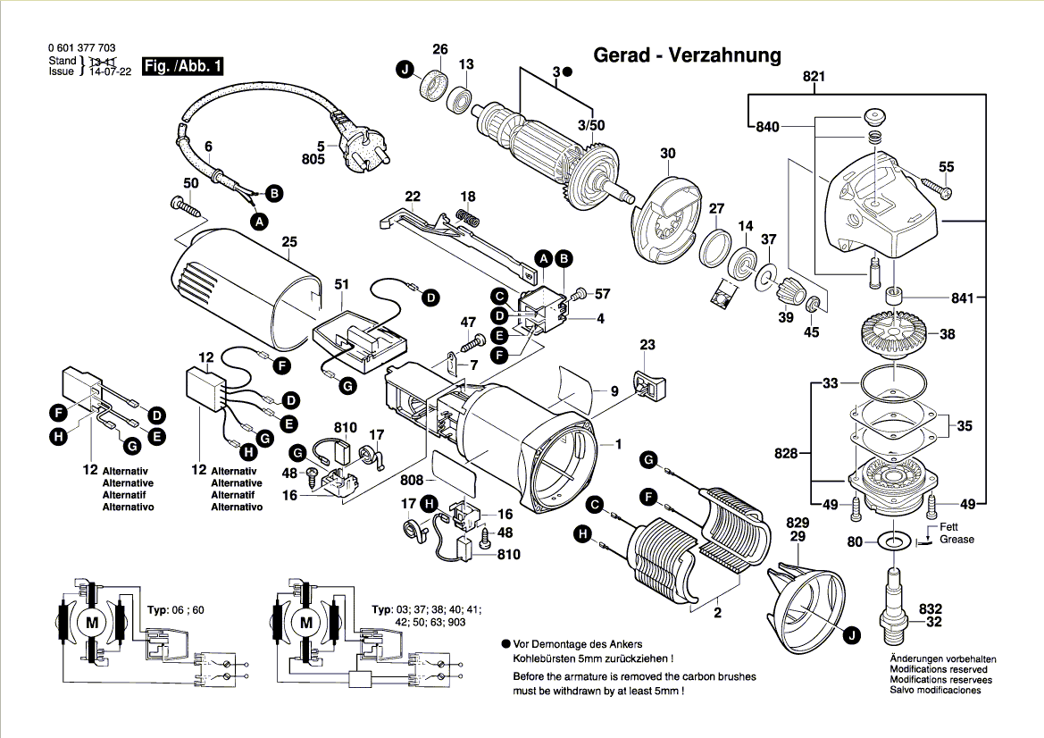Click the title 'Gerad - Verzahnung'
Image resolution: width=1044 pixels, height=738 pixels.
tap(687, 55)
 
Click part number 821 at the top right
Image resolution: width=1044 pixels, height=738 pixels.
tap(813, 77)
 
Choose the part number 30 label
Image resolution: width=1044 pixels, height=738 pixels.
tap(668, 154)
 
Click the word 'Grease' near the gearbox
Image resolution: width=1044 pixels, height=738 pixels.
tap(956, 540)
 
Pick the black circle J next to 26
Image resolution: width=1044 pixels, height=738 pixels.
tap(406, 69)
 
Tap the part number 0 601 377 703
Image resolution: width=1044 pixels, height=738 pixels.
tap(81, 48)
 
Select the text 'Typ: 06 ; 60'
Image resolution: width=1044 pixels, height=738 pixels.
tap(175, 610)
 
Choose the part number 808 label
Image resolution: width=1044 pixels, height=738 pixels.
tap(413, 481)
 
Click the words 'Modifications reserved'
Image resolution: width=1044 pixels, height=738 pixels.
tap(939, 669)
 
